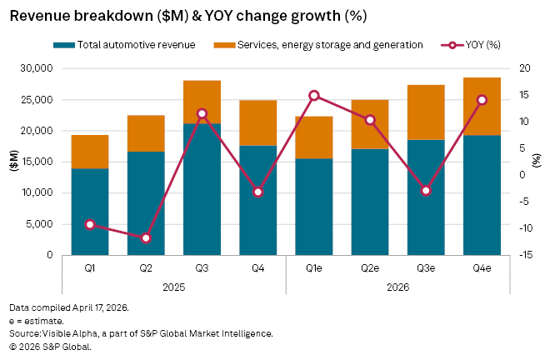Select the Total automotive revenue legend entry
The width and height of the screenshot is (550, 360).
pyautogui.click(x=130, y=45)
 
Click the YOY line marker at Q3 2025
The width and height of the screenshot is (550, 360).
pyautogui.click(x=202, y=113)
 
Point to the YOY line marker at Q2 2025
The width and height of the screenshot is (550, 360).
pyautogui.click(x=146, y=238)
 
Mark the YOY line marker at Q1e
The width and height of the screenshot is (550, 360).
pyautogui.click(x=313, y=96)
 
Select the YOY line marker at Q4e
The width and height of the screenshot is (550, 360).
pyautogui.click(x=482, y=100)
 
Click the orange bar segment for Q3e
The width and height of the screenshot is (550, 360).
pyautogui.click(x=426, y=112)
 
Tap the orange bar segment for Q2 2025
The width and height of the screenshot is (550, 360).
pyautogui.click(x=146, y=133)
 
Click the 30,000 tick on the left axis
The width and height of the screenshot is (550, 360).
pyautogui.click(x=39, y=68)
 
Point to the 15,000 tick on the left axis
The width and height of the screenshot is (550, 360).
pyautogui.click(x=39, y=162)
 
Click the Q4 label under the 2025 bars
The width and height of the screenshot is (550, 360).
pyautogui.click(x=257, y=268)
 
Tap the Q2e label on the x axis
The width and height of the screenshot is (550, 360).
pyautogui.click(x=370, y=268)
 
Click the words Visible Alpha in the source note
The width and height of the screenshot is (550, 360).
pyautogui.click(x=66, y=333)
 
